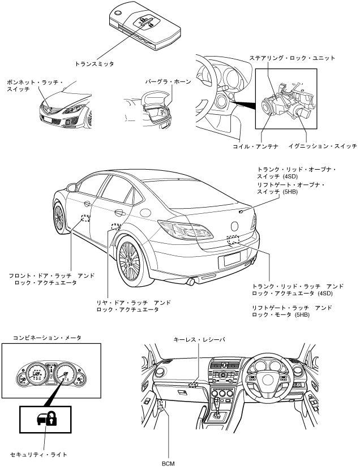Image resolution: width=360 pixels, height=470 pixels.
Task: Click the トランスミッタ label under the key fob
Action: (x=95, y=64)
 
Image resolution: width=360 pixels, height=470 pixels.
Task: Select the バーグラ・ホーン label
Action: (x=167, y=82)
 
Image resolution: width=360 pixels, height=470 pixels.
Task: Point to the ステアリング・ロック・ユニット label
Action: (x=293, y=58)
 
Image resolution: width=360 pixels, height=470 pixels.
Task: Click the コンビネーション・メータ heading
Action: (x=48, y=338)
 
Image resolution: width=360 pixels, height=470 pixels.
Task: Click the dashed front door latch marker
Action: (x=85, y=218)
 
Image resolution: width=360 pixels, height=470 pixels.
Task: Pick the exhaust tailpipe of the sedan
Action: (x=191, y=281)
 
